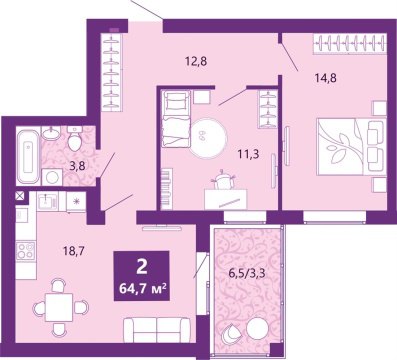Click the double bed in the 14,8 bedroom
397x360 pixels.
click(344, 140)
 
